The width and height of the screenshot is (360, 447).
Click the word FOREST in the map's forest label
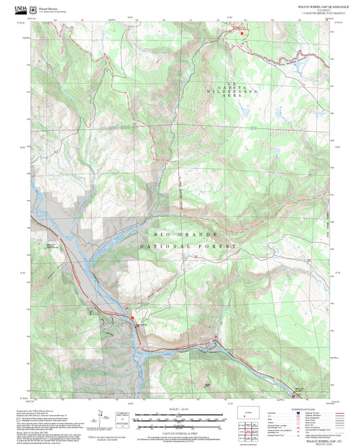218,247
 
